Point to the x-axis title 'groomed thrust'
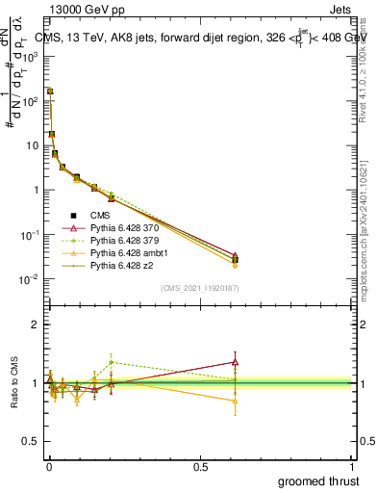coord(319,480)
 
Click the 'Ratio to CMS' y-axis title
coord(16,382)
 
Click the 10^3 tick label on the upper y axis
coord(31,56)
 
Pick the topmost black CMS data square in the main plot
coord(50,91)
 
